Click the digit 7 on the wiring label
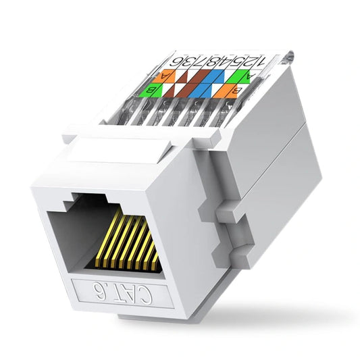pos(209,61)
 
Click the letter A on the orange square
pos(163,75)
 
